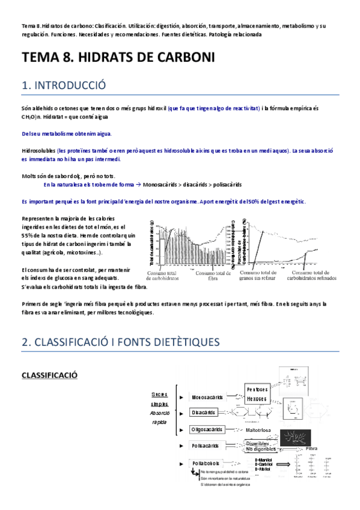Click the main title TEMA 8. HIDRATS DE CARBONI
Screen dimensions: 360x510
(x=118, y=58)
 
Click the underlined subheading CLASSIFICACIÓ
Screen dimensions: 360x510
(x=50, y=375)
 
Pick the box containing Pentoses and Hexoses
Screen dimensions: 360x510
(x=258, y=394)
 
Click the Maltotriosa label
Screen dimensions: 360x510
(x=261, y=431)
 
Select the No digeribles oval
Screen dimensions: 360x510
(x=261, y=449)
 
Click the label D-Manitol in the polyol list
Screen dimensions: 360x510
(x=265, y=459)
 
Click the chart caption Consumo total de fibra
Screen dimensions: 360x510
(x=215, y=276)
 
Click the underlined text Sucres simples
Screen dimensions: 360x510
(x=160, y=399)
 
